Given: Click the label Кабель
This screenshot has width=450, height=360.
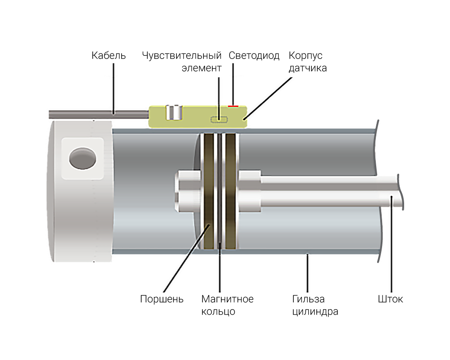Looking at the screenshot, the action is click(108, 55).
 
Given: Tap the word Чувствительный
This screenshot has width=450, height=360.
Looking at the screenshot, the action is click(182, 56).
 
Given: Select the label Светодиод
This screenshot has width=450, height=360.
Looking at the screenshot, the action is click(254, 56).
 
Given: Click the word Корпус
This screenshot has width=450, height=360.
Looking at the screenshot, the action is click(306, 56).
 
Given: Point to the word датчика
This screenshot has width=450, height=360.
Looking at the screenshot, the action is click(308, 68).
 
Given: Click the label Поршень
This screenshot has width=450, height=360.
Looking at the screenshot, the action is click(162, 299).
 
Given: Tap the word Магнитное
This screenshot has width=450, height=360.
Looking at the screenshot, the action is click(227, 299).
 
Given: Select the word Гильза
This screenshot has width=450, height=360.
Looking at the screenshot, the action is click(308, 299).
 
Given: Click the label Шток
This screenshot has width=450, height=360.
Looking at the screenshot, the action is click(390, 299).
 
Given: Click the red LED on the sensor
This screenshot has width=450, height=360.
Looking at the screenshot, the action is click(233, 106).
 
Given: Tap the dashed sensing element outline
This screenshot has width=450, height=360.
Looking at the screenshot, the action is click(219, 119).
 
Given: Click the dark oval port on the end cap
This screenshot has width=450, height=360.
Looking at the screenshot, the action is click(83, 158).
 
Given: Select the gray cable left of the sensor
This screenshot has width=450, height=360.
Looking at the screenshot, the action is click(99, 115).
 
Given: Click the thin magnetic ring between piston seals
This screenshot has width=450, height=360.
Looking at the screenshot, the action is click(220, 191).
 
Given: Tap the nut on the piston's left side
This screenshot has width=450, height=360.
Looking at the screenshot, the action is click(188, 191).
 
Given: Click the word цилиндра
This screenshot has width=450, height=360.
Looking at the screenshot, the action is click(315, 312).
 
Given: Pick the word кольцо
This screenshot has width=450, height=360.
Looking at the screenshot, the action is click(218, 312).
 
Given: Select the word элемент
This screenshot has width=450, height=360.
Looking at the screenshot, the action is click(202, 68).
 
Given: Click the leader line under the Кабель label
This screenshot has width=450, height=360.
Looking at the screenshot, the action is click(113, 89).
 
